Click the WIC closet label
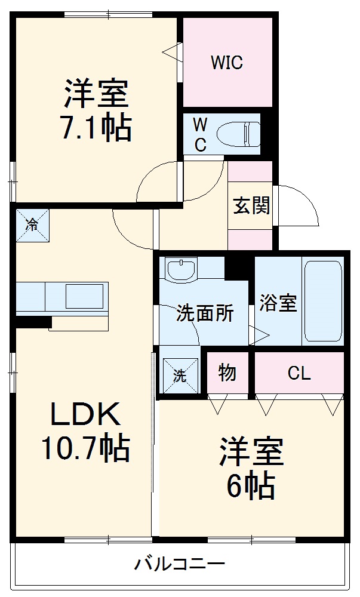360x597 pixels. pyautogui.click(x=226, y=63)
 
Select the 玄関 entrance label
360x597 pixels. pyautogui.click(x=251, y=205)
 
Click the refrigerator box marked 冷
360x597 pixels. pyautogui.click(x=32, y=225)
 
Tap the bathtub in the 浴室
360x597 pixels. pyautogui.click(x=322, y=300)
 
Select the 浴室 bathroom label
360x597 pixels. pyautogui.click(x=278, y=302)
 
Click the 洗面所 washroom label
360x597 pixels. pyautogui.click(x=204, y=313)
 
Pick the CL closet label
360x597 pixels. pyautogui.click(x=299, y=374)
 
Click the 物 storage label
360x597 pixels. pyautogui.click(x=227, y=373)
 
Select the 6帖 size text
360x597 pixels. pyautogui.click(x=250, y=486)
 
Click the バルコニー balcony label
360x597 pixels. pyautogui.click(x=179, y=563)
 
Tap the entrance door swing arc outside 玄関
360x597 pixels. pyautogui.click(x=301, y=206)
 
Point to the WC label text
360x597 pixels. pyautogui.click(x=201, y=134)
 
